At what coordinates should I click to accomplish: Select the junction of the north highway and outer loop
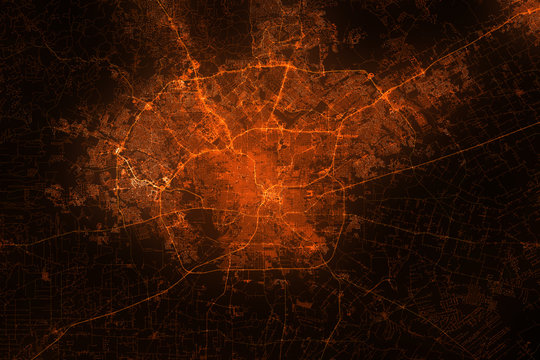[287, 67]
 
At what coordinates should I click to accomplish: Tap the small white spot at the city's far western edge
[119, 151]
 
